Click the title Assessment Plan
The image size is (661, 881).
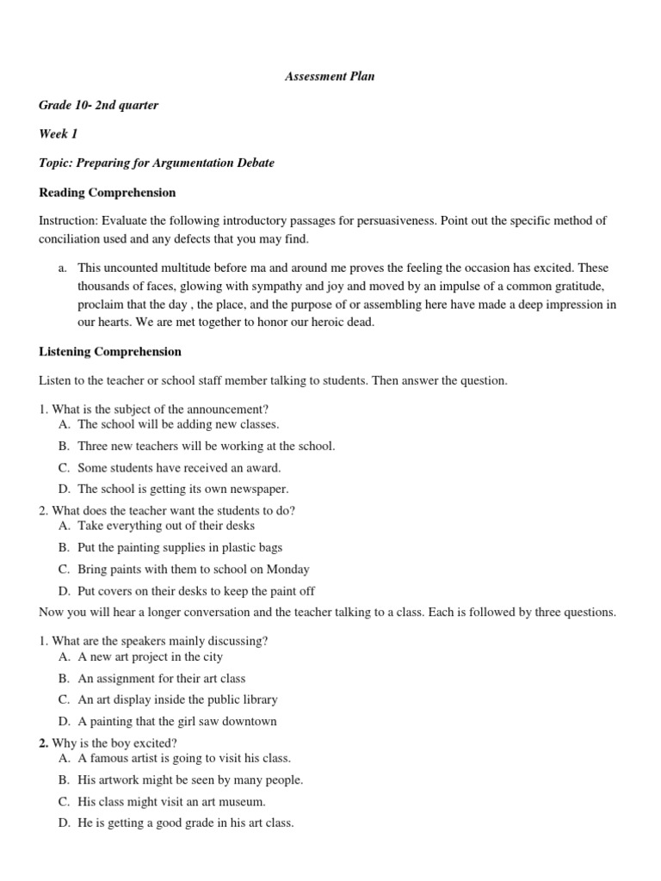point(330,77)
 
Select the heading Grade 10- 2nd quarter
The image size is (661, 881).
point(98,105)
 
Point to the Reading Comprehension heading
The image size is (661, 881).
point(107,192)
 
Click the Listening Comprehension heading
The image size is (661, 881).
point(110,351)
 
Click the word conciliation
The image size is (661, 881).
point(72,238)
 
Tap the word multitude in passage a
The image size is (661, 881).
point(179,268)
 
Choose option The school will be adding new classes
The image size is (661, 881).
point(178,424)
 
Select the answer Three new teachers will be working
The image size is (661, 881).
point(206,446)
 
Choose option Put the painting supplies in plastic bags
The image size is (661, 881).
point(179,547)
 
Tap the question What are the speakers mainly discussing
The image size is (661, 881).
point(153,640)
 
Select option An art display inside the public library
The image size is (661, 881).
point(177,699)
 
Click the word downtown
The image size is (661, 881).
point(245,721)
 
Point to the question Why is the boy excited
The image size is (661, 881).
point(108,742)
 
